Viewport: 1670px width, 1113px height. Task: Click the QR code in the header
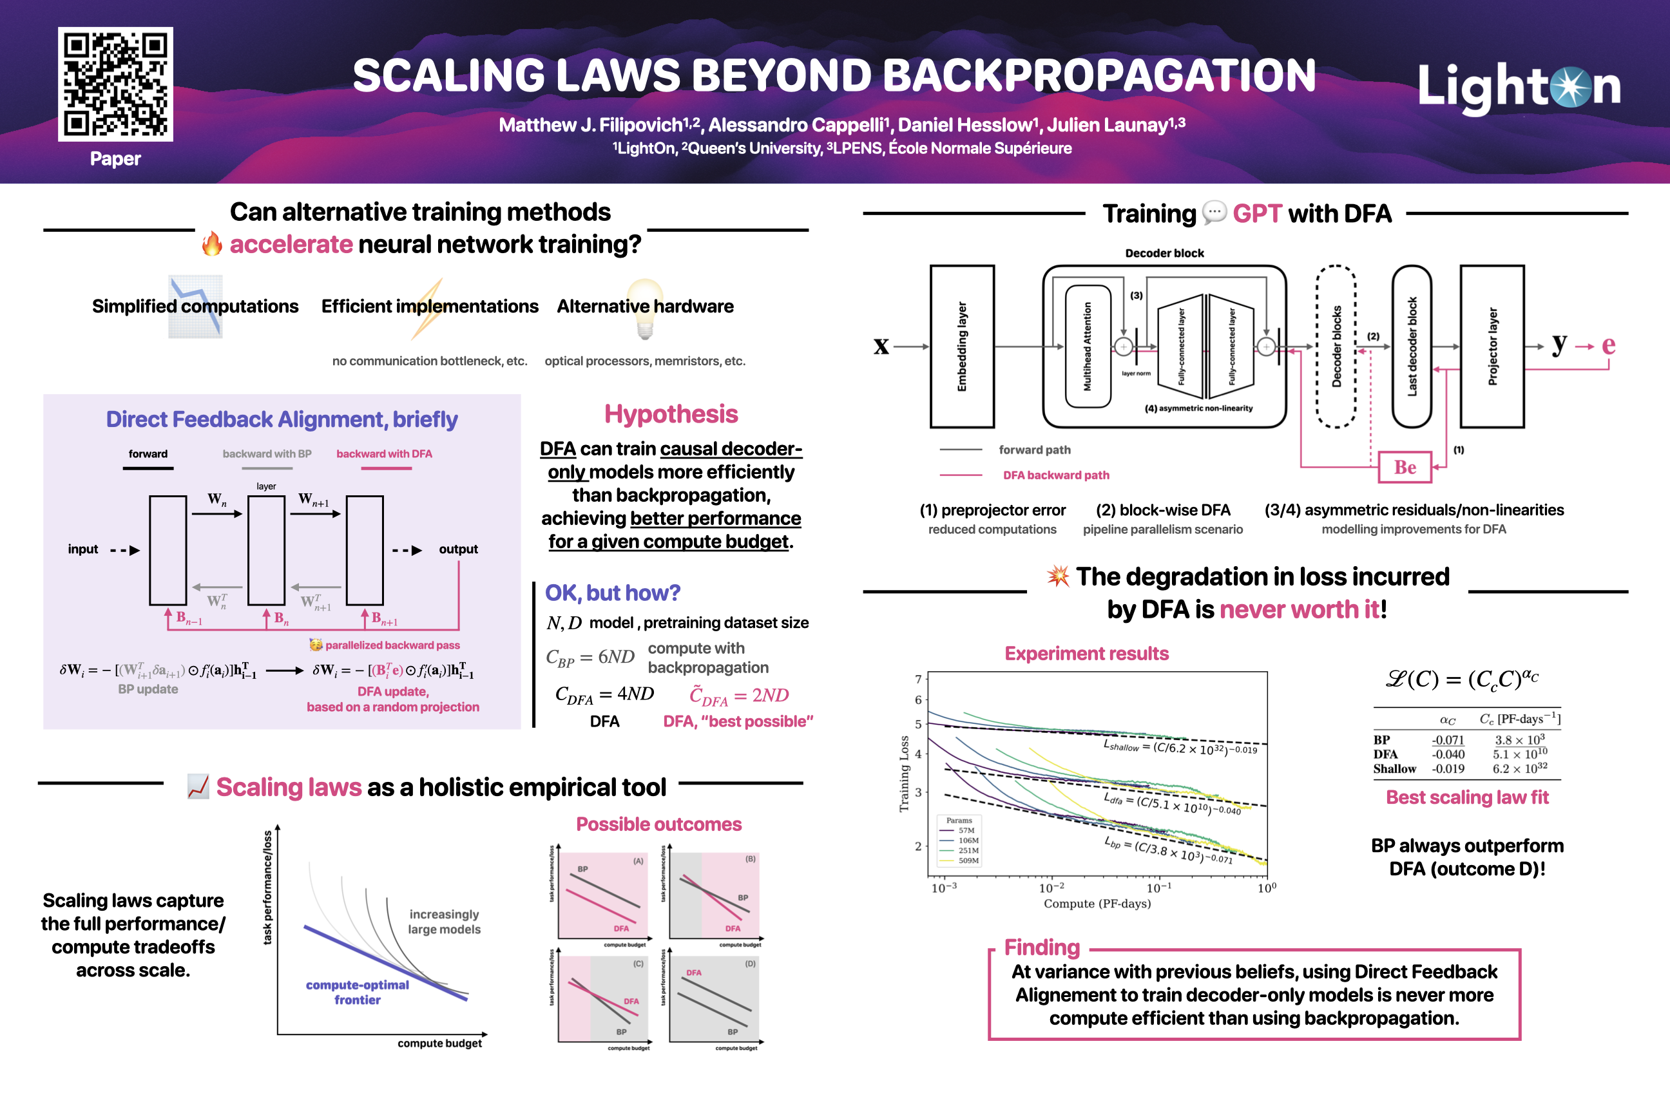click(x=115, y=84)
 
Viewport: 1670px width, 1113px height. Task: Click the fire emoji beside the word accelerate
click(x=211, y=244)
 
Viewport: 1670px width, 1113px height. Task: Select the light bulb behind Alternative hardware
click(x=645, y=307)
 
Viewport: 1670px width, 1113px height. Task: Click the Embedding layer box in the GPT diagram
click(x=961, y=347)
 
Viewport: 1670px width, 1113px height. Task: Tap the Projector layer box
click(x=1491, y=347)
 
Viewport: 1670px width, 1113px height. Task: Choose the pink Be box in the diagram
click(x=1404, y=467)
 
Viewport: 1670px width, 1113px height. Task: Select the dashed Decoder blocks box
click(x=1336, y=347)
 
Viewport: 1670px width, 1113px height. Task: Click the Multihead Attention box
click(x=1087, y=347)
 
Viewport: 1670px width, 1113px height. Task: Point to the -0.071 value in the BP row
click(x=1447, y=739)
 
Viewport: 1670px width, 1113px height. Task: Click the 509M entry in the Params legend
click(x=968, y=861)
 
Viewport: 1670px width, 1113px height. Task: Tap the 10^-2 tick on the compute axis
click(x=1051, y=888)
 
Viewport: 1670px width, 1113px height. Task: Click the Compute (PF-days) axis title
click(x=1097, y=904)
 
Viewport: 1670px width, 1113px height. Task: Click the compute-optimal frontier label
click(x=357, y=993)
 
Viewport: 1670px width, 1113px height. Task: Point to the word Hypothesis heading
click(x=671, y=414)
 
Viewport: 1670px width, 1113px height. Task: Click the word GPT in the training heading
click(x=1257, y=214)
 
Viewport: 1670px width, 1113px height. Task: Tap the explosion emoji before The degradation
click(x=1058, y=576)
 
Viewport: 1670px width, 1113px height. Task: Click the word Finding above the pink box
click(x=1042, y=947)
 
